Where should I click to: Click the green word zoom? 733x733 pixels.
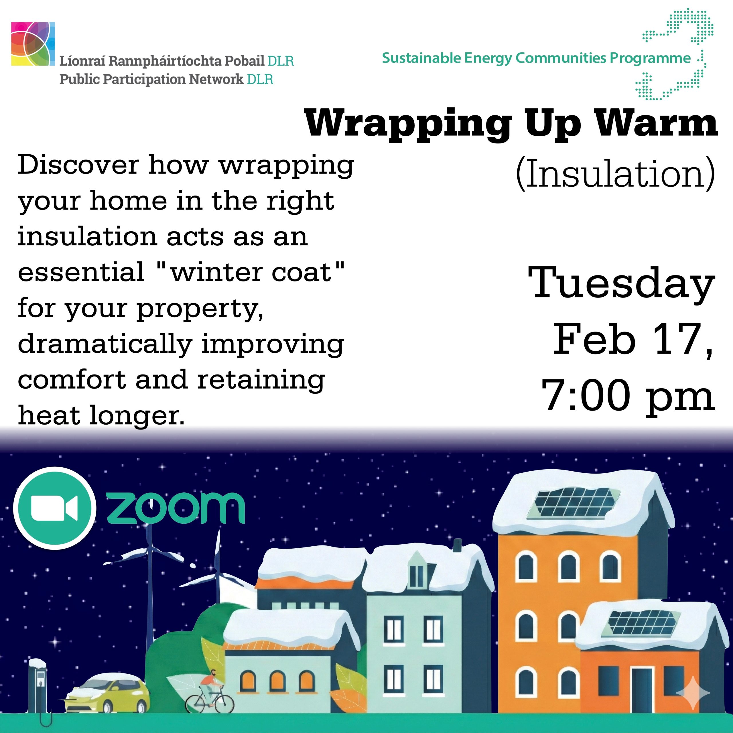(176, 509)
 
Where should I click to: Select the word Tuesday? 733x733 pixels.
(621, 284)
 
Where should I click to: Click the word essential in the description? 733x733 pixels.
(81, 272)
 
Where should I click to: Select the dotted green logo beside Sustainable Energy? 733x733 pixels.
(675, 54)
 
